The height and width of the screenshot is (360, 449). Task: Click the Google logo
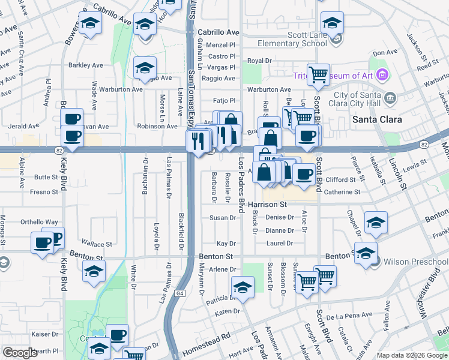point(20,353)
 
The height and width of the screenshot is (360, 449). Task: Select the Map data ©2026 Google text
point(412,355)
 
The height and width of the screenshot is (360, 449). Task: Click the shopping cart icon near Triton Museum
point(318,75)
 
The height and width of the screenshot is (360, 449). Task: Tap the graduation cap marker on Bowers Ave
point(90,24)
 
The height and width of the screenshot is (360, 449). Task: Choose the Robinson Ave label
point(157,127)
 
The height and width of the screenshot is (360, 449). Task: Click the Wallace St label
point(97,244)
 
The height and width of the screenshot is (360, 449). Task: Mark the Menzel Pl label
point(221,45)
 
